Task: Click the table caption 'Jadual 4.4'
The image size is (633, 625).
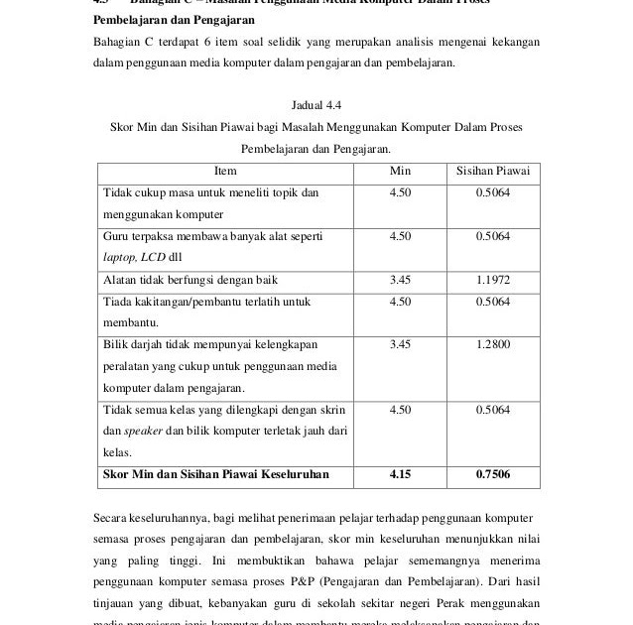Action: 316,105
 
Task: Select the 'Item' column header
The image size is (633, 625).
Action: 225,171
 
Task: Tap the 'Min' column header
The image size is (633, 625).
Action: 400,171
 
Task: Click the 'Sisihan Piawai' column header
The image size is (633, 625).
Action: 492,171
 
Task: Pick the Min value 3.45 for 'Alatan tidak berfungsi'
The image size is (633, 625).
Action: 400,280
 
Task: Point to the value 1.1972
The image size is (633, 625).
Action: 492,280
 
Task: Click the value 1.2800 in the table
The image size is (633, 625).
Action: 492,344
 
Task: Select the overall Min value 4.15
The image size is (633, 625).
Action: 400,474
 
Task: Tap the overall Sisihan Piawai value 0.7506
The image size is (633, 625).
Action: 492,474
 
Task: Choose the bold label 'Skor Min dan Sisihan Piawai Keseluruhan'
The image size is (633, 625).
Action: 216,474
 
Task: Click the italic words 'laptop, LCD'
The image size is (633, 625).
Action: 137,257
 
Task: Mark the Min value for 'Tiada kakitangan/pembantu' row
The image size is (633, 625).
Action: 400,301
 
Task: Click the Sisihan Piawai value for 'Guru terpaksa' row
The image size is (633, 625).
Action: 492,236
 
